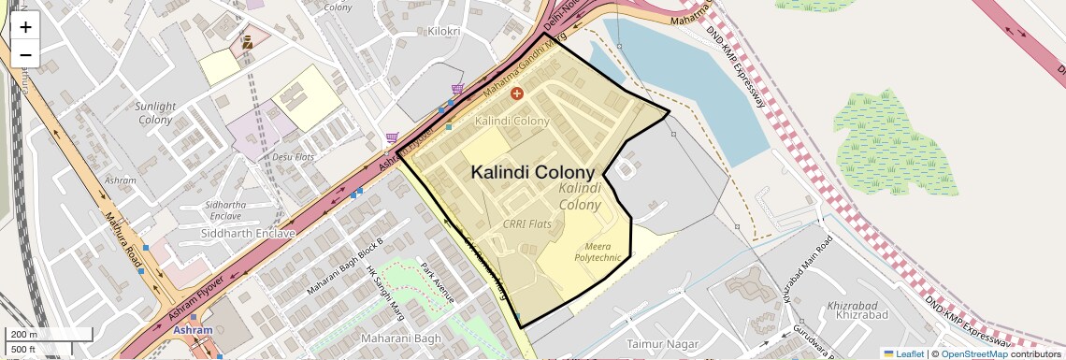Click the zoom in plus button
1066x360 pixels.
[25, 27]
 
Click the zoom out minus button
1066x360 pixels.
[25, 55]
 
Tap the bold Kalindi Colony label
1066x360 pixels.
[532, 173]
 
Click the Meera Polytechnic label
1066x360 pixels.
[598, 251]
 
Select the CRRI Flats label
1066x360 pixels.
[526, 224]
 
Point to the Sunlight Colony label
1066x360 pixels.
[155, 113]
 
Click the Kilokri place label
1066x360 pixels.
[443, 32]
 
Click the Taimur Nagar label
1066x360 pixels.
[663, 344]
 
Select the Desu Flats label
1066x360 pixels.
[293, 157]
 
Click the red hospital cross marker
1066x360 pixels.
[516, 94]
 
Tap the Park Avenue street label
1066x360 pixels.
[437, 283]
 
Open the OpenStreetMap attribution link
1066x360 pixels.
[973, 353]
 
